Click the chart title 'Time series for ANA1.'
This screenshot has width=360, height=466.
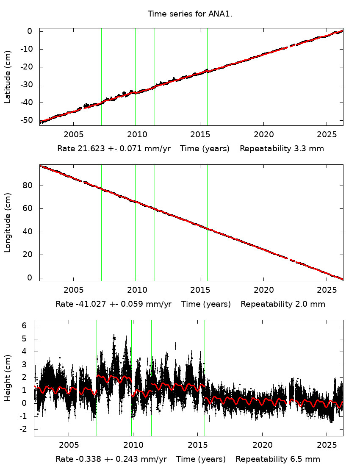[x=190, y=14]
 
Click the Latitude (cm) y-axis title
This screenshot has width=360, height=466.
[x=8, y=77]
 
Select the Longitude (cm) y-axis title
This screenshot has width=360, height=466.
[x=8, y=222]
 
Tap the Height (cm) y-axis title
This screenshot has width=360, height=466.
[x=8, y=378]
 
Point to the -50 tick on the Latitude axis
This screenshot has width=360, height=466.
[x=27, y=120]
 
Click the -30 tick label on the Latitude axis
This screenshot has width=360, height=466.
[x=27, y=85]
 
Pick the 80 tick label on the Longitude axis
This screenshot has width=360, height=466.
[x=29, y=186]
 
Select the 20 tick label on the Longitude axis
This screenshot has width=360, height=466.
[x=29, y=255]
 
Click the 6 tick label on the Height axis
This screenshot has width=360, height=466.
[x=25, y=325]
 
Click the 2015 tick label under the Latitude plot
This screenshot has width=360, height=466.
[x=200, y=134]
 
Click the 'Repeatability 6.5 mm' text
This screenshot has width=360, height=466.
[x=278, y=459]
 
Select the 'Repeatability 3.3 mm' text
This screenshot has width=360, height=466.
[x=282, y=149]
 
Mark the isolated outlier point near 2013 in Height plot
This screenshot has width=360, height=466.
[x=175, y=346]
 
